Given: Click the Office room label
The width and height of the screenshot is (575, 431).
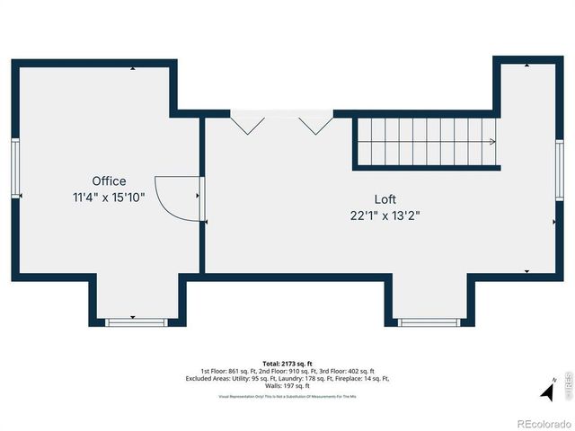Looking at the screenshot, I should [109, 180].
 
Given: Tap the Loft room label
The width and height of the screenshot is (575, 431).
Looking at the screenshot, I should [385, 199].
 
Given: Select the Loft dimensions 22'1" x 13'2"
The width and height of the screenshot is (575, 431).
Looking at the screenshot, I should [385, 215].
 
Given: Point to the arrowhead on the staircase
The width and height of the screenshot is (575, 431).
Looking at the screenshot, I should [491, 142].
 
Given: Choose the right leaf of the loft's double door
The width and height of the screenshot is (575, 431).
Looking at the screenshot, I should [315, 124].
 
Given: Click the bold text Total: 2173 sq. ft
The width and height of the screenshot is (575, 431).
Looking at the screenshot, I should [287, 362].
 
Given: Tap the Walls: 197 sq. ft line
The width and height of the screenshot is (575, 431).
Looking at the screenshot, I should [287, 385].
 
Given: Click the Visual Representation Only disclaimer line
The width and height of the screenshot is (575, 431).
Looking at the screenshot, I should [287, 395].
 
